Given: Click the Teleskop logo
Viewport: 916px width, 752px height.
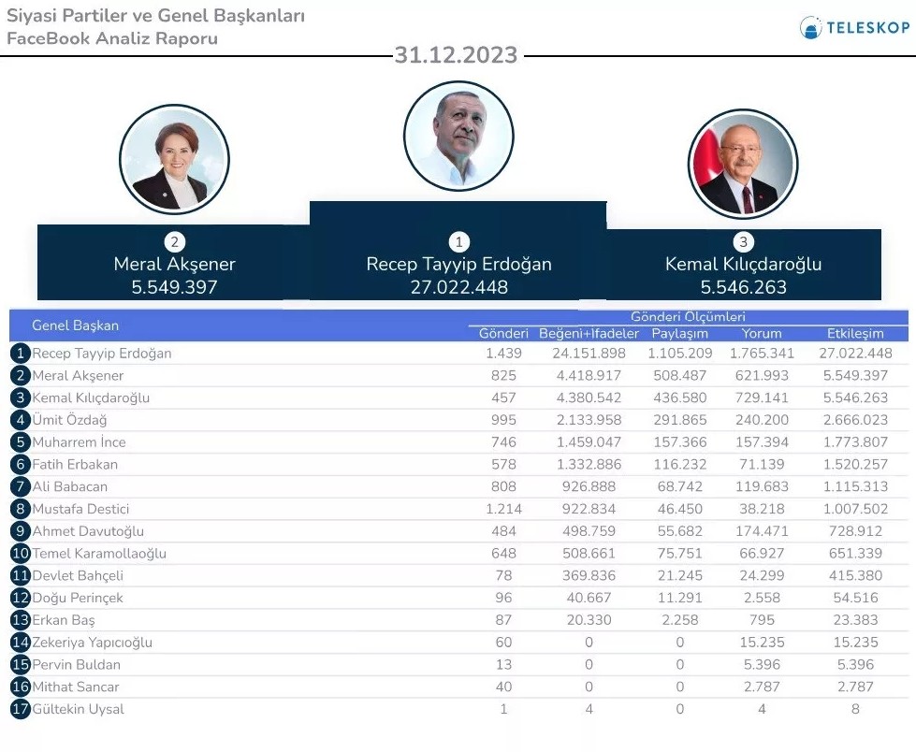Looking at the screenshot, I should (x=854, y=28).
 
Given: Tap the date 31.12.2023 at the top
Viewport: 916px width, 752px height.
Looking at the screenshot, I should (x=456, y=55).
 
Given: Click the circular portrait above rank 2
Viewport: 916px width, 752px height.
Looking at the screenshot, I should (x=174, y=159).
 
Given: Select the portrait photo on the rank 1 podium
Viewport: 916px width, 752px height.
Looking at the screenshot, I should (x=458, y=136).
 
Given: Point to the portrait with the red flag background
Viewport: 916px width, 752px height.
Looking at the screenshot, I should (x=743, y=165).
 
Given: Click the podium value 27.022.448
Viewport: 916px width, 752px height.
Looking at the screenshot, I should (x=458, y=287).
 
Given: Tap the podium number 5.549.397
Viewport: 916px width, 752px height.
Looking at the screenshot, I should (x=174, y=287).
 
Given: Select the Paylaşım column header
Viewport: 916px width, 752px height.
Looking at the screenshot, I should (x=679, y=334).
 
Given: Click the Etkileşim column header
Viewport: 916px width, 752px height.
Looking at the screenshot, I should (x=855, y=334).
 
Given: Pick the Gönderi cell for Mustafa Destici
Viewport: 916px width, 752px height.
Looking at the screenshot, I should (x=503, y=509).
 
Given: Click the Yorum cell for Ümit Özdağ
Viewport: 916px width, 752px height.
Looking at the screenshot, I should (x=762, y=420).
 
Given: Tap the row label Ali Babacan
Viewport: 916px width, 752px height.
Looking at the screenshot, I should (x=70, y=486).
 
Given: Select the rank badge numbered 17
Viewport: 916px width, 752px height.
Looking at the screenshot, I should (x=21, y=709).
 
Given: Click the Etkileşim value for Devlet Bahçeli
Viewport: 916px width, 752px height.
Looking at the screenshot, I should (x=855, y=575).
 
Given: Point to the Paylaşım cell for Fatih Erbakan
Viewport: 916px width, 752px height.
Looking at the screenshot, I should (x=679, y=464).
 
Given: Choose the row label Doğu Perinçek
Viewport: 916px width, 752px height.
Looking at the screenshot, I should (x=78, y=598).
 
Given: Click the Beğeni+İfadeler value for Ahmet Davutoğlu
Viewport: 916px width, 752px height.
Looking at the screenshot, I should (x=589, y=531).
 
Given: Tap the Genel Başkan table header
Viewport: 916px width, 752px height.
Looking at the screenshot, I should (x=76, y=325).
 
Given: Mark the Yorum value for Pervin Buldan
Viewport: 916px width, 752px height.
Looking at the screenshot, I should (x=762, y=665).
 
